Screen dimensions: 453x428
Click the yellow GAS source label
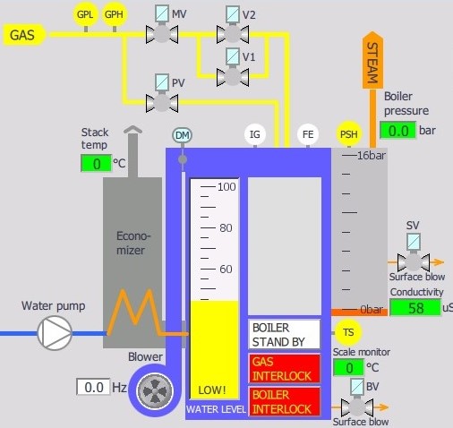(x=24, y=35)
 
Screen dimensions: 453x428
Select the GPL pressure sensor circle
(x=85, y=14)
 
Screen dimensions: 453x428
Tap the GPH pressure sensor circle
(x=114, y=14)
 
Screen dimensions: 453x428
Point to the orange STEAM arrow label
(x=372, y=60)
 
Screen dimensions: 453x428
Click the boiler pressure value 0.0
(x=398, y=131)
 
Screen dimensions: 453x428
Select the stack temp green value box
(x=96, y=163)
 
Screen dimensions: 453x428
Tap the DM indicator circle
(x=182, y=135)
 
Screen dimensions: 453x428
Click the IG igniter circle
(x=255, y=134)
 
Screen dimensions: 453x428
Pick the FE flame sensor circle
(x=308, y=134)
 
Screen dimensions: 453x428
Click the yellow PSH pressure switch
(x=349, y=133)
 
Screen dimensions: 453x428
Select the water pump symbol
(x=55, y=333)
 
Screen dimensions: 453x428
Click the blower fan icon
(x=155, y=390)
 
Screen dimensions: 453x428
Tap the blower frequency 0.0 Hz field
(x=93, y=387)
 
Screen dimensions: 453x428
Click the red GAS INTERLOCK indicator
(x=284, y=369)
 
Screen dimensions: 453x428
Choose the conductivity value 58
(x=415, y=307)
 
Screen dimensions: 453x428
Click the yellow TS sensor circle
(x=348, y=332)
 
